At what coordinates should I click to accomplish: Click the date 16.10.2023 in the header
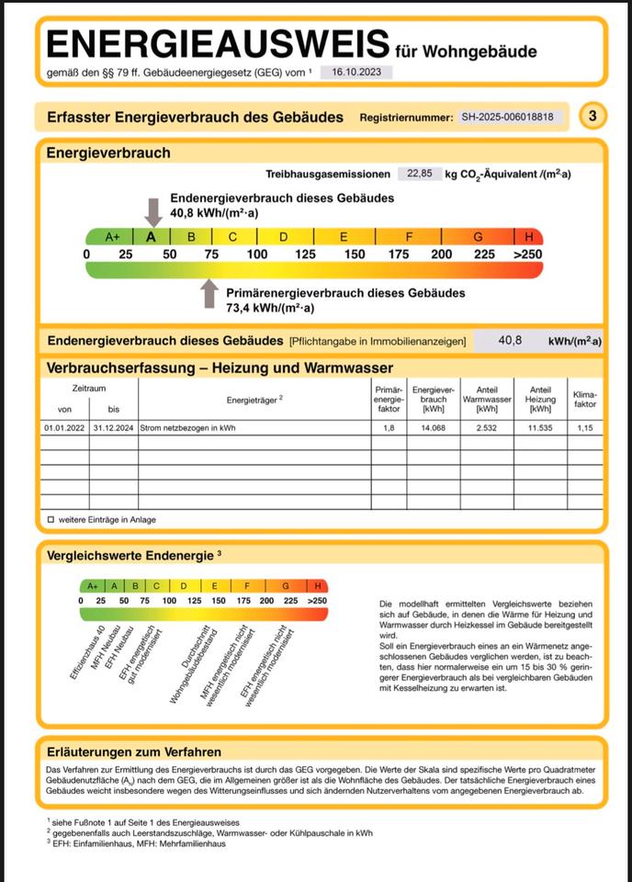click(355, 73)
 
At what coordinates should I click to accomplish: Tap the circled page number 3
click(593, 117)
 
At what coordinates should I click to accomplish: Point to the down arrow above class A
click(153, 211)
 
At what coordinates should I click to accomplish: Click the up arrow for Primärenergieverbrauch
click(210, 293)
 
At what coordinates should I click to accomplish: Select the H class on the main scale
click(528, 236)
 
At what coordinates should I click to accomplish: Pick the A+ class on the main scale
click(112, 236)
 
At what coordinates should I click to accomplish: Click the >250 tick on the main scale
click(528, 254)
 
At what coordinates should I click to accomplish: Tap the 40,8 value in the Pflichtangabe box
click(510, 340)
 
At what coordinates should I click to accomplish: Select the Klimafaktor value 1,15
click(584, 428)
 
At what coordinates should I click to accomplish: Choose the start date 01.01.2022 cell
click(63, 428)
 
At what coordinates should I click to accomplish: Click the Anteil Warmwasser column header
click(480, 400)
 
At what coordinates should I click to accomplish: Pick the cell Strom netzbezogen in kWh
click(187, 428)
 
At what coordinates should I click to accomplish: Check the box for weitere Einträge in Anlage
click(51, 519)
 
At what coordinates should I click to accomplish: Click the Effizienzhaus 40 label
click(86, 653)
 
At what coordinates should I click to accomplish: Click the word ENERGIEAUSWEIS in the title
click(218, 43)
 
